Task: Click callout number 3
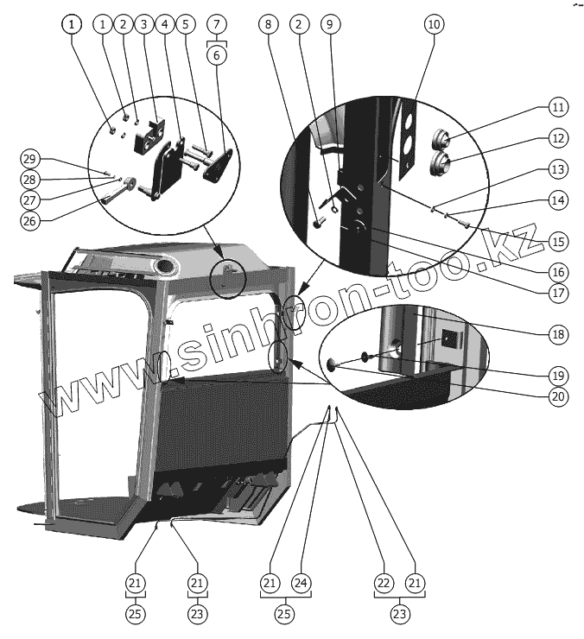[143, 25]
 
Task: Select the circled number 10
[434, 25]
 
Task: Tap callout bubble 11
[557, 108]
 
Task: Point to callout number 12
[557, 138]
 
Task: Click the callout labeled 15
[557, 241]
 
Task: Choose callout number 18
[557, 333]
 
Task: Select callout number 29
[30, 159]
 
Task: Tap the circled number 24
[301, 584]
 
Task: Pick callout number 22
[384, 584]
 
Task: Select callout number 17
[557, 292]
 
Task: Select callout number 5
[184, 25]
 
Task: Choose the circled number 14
[557, 200]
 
